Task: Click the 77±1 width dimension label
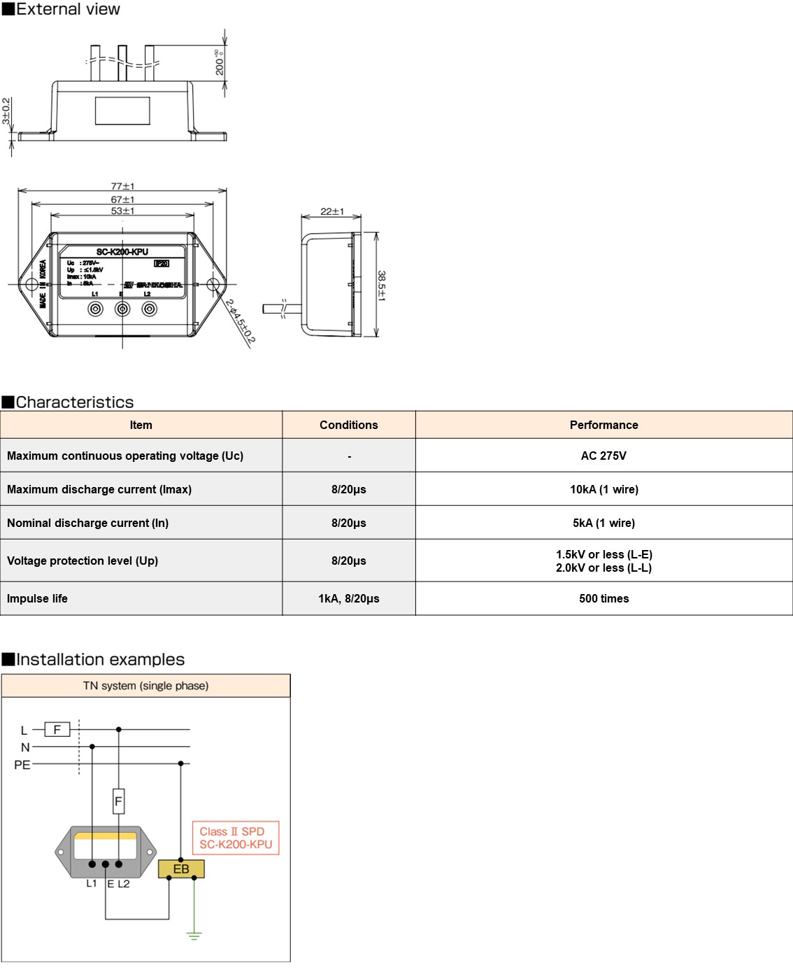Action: (122, 186)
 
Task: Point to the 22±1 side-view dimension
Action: (331, 211)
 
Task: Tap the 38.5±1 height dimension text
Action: (382, 286)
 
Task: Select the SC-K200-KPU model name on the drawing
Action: (122, 252)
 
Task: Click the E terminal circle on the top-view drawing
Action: (122, 309)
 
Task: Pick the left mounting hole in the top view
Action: (31, 284)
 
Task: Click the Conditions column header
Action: (348, 425)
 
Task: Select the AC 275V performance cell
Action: (603, 456)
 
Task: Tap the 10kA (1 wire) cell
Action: (603, 489)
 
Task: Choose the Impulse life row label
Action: (38, 598)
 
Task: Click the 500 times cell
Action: (603, 598)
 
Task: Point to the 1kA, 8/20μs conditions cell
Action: (348, 598)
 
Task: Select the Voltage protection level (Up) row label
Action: (83, 561)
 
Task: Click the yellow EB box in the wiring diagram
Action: (181, 869)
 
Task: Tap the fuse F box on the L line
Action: (57, 729)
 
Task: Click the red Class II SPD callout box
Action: (236, 838)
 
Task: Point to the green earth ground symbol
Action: (194, 934)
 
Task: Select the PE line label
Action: (22, 765)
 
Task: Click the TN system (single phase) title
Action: (145, 686)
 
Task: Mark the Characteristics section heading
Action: (75, 402)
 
